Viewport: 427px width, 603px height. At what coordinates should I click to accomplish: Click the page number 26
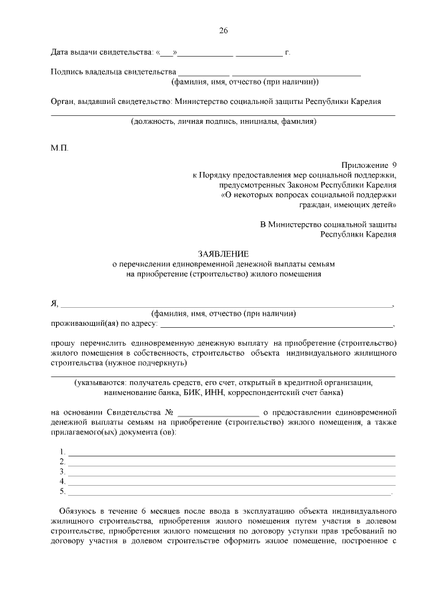(x=224, y=31)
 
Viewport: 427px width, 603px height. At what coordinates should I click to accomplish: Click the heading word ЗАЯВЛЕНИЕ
(x=224, y=254)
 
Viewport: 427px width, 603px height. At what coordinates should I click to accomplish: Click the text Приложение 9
(x=369, y=164)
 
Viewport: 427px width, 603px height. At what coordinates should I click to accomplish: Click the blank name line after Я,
(x=227, y=305)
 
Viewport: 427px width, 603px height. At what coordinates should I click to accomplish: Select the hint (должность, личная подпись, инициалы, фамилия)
(x=224, y=122)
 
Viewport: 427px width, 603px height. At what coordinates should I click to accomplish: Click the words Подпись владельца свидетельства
(x=113, y=71)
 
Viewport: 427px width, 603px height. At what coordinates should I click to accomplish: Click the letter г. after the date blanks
(x=288, y=51)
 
